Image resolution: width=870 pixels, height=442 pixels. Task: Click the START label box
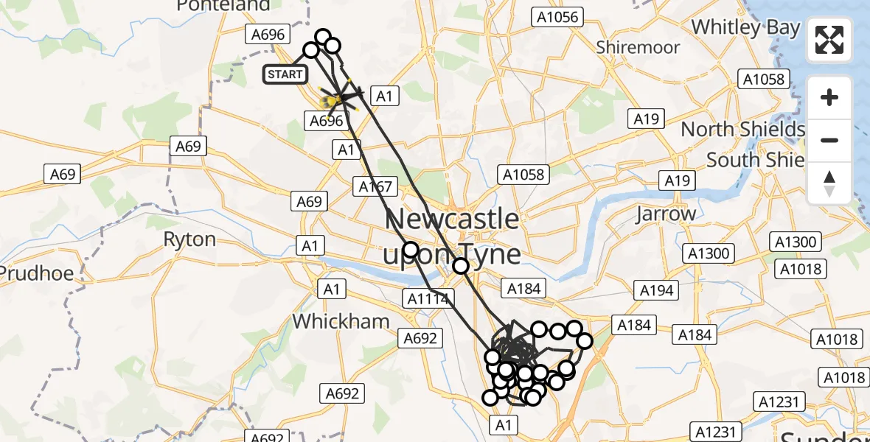click(x=285, y=74)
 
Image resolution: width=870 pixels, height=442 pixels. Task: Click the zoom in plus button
click(x=829, y=97)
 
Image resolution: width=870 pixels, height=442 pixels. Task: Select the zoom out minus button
click(x=829, y=140)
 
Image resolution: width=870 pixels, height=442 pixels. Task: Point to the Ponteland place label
click(x=223, y=6)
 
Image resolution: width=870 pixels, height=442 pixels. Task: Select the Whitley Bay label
click(x=745, y=28)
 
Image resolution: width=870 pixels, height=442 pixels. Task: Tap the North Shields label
click(x=742, y=130)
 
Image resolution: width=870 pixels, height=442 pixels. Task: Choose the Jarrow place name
click(x=666, y=214)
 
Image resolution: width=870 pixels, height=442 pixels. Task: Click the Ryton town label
click(x=189, y=239)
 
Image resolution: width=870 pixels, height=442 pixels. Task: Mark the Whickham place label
click(x=341, y=321)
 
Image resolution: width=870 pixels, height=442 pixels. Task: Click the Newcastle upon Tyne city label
click(x=451, y=236)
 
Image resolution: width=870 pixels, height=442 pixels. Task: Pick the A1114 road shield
click(x=428, y=298)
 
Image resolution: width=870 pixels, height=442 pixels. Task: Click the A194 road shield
click(x=656, y=290)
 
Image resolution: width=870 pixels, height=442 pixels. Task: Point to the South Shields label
click(x=755, y=160)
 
